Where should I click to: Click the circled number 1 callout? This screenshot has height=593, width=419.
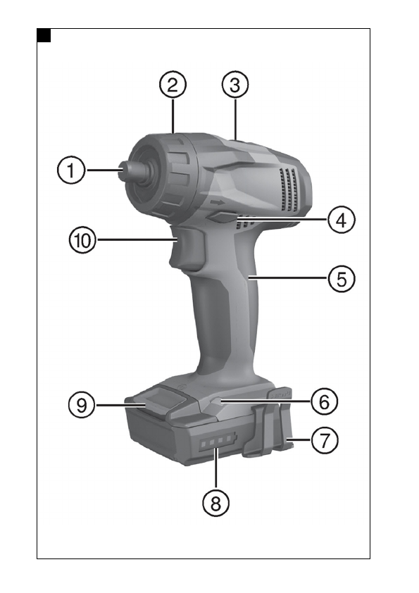[x=71, y=170]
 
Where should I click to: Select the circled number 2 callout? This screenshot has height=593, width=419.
[x=173, y=85]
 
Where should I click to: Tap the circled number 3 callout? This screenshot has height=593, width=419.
[x=234, y=85]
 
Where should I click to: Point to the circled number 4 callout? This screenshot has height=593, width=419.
[x=341, y=220]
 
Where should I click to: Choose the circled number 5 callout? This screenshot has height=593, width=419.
[x=341, y=279]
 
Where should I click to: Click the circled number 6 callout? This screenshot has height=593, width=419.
[x=324, y=401]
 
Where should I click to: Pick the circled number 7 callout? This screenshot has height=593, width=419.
[x=324, y=440]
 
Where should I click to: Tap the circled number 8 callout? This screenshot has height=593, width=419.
[x=215, y=503]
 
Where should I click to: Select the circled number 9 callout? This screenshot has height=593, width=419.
[x=82, y=405]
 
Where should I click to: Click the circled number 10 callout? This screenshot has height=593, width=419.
[x=82, y=240]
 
